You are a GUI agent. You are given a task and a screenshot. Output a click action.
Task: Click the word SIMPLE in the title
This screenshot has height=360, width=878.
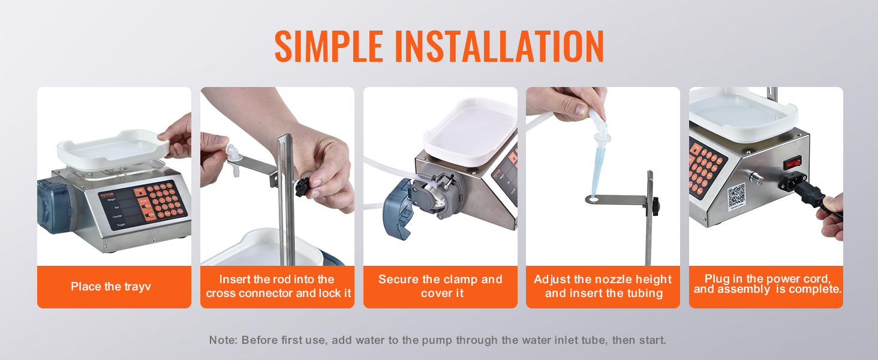329,46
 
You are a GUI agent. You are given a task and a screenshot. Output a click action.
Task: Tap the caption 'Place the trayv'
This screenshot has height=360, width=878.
111,287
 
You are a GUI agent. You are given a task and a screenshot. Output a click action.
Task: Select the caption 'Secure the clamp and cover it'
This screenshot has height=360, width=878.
440,286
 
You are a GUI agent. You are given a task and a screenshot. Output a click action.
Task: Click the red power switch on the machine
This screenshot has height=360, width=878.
792,163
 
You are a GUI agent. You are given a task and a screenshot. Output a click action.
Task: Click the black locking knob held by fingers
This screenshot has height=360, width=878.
303,187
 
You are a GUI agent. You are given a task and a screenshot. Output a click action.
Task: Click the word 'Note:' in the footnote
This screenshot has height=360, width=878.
223,340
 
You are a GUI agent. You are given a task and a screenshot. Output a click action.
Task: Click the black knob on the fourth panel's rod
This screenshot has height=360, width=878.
655,205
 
